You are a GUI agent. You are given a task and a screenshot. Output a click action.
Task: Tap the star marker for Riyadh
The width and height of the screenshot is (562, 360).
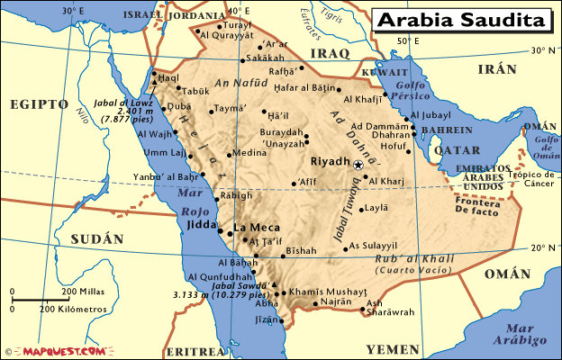click(x=358, y=166)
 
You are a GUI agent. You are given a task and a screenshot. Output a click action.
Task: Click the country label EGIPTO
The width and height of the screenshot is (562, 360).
click(x=39, y=104)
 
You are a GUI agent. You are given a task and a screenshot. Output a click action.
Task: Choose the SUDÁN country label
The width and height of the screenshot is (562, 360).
click(x=95, y=239)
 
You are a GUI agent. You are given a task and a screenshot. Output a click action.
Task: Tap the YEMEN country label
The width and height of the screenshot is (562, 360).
click(x=393, y=348)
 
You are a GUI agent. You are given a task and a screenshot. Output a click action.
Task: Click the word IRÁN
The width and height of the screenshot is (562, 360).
click(x=497, y=69)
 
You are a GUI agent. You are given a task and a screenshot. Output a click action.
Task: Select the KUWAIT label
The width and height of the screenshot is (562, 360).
click(x=378, y=73)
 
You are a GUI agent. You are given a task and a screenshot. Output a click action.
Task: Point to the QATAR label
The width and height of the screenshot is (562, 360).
click(x=458, y=151)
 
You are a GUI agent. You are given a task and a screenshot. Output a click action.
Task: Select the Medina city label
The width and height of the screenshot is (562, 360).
click(x=249, y=153)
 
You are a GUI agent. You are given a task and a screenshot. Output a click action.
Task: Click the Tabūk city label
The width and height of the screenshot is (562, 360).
click(x=195, y=91)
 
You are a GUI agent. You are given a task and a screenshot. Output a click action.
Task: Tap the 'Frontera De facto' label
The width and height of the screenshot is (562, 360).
click(x=476, y=208)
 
